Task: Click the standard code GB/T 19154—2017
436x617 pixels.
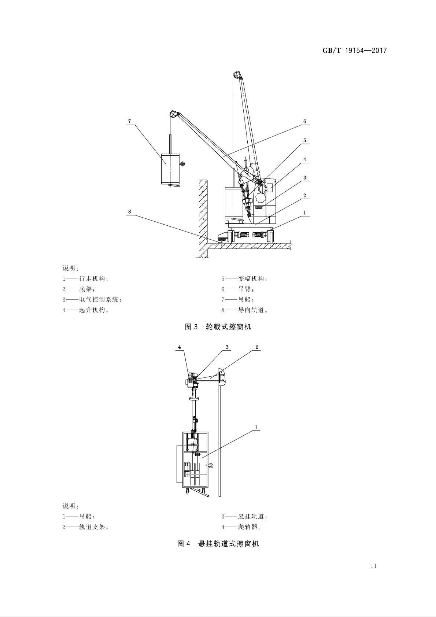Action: [x=354, y=51]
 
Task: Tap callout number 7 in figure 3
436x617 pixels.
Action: [x=129, y=121]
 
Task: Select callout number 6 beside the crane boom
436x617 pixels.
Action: [x=304, y=121]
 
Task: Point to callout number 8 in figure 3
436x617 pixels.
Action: [x=129, y=211]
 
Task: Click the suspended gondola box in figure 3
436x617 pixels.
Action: [x=170, y=169]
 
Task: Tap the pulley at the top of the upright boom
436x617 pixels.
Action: [x=237, y=74]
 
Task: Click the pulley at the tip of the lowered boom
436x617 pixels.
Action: [x=173, y=114]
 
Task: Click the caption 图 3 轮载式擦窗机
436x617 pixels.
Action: [x=218, y=327]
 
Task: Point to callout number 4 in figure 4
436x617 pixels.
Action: [x=179, y=347]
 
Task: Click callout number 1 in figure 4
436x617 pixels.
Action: [x=256, y=428]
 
